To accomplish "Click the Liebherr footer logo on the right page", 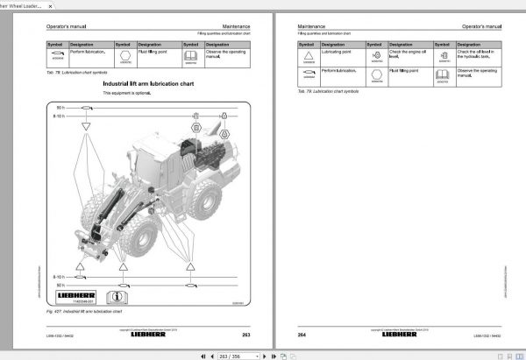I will coord(400,334).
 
